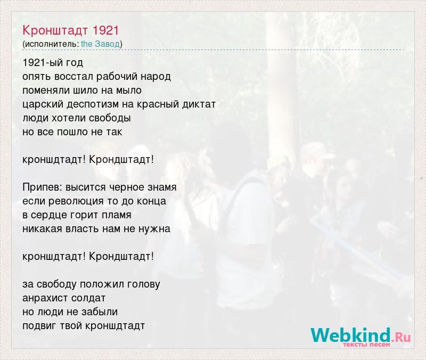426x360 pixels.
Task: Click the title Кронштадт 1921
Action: [x=71, y=30]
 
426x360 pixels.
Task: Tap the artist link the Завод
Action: [x=100, y=44]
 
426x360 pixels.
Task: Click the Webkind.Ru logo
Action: [x=361, y=337]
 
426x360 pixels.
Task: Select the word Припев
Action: [x=43, y=187]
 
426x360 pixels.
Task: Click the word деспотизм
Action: [x=93, y=104]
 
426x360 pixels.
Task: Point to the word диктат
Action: [x=199, y=104]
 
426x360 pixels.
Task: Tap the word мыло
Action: [x=129, y=90]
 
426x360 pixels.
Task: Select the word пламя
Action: [x=116, y=215]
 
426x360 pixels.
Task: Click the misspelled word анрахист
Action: [x=45, y=298]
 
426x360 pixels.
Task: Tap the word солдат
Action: [x=88, y=298]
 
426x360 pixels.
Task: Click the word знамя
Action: [x=162, y=187]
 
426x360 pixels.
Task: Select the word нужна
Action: [x=154, y=229]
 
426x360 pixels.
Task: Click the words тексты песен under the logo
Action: [x=366, y=345]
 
